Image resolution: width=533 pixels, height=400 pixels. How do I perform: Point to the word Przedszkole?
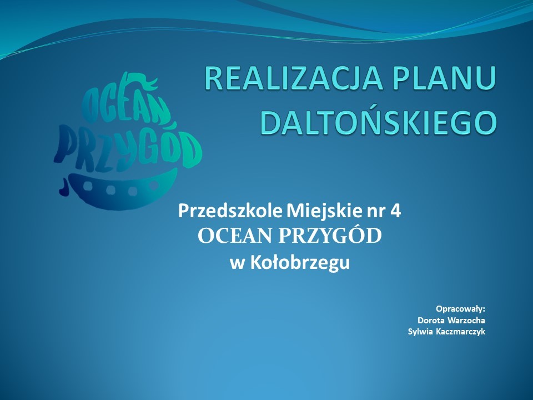230,211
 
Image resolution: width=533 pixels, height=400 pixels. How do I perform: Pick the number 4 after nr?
396,211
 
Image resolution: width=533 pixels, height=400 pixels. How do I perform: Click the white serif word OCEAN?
235,236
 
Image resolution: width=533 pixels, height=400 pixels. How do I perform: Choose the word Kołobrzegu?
300,263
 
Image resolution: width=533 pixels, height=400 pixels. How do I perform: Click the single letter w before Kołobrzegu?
237,264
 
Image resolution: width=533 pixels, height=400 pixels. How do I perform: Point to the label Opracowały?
460,309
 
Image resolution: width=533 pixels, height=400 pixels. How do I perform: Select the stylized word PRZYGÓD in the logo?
128,149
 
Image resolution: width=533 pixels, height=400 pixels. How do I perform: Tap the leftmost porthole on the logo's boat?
88,186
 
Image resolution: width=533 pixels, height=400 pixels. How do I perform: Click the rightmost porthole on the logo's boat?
154,186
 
